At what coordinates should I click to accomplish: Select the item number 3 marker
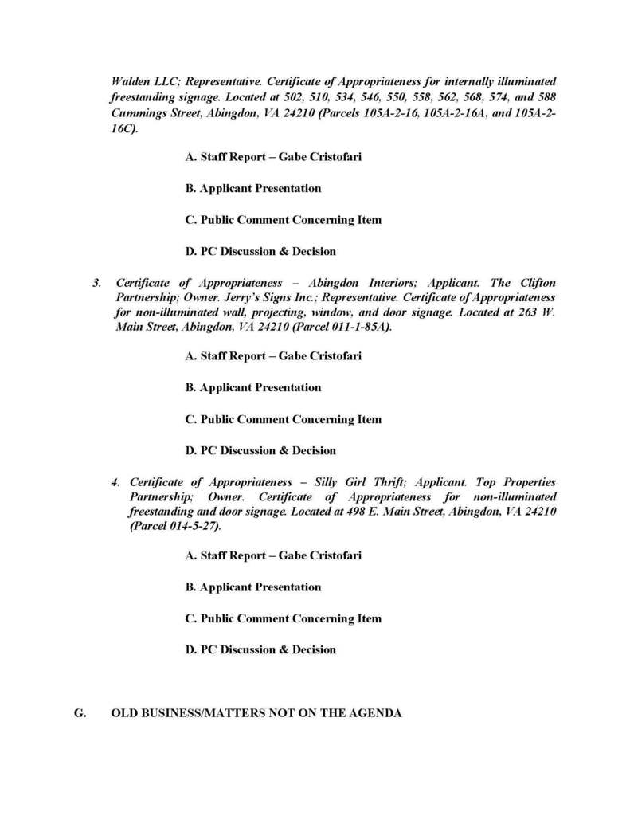coord(97,283)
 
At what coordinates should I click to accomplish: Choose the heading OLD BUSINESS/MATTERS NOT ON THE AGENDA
coord(256,713)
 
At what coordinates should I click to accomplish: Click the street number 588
coord(546,97)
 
